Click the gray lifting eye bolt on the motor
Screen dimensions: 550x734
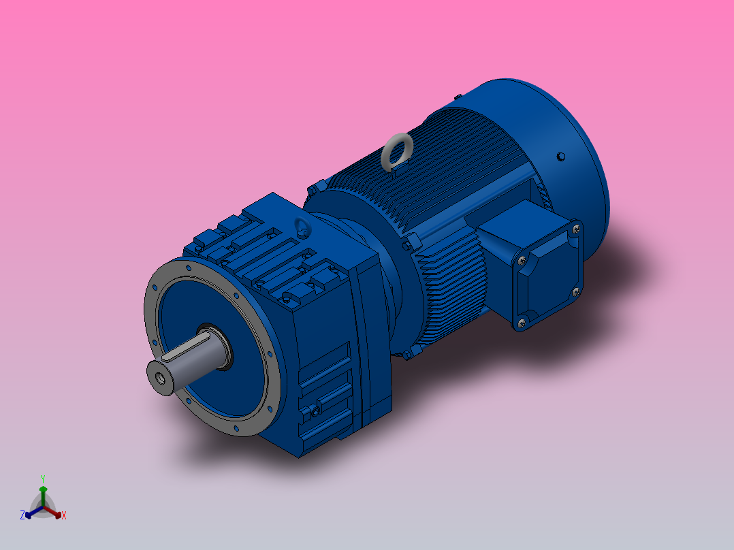coord(396,152)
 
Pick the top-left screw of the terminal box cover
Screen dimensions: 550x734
coord(522,260)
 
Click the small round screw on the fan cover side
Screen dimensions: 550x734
coord(560,157)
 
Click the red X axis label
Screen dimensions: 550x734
coord(64,516)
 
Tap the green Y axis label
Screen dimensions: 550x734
coord(42,479)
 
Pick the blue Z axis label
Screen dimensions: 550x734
coord(22,516)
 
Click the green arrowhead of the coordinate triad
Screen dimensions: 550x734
coord(42,489)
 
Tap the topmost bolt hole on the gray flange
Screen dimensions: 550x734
coord(188,268)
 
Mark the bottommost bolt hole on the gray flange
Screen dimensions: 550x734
coord(236,429)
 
